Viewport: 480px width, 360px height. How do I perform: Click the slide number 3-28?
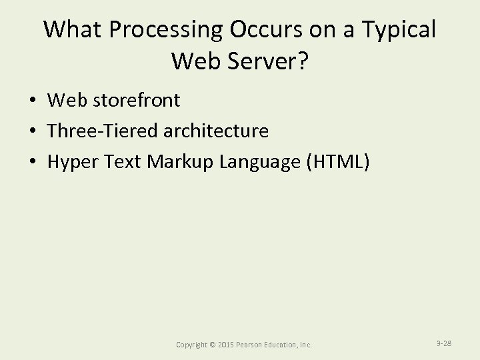[444, 343]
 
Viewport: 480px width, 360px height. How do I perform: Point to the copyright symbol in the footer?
[212, 345]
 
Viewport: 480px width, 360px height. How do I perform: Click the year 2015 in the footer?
[227, 345]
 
